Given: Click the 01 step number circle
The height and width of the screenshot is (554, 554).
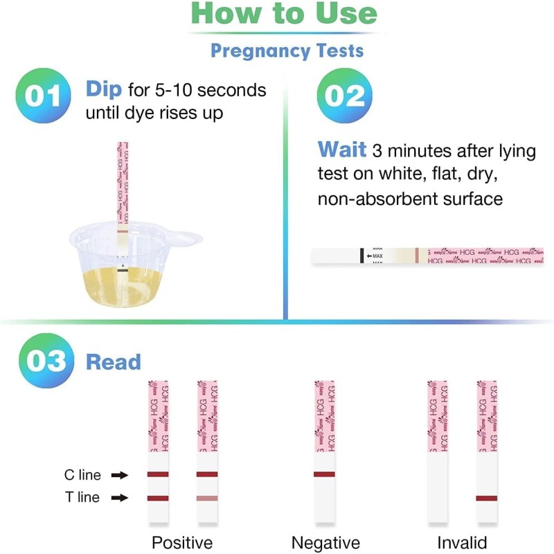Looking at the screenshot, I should coord(43,96).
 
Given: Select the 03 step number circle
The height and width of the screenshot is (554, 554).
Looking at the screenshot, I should coord(43,361).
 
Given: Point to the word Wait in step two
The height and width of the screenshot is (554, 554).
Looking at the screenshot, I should coord(341,150).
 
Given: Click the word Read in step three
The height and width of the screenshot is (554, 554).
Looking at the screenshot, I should coord(113,361).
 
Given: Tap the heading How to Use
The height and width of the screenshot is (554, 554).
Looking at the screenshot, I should coord(284,14).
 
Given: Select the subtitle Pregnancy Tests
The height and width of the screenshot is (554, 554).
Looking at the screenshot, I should coord(287,51).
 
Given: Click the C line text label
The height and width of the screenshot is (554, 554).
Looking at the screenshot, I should coord(82,475).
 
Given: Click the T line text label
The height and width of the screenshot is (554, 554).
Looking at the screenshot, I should coord(82,497).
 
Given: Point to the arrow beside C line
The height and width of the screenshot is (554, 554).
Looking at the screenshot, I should coord(120,475).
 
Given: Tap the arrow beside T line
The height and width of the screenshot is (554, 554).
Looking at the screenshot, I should coord(120,497).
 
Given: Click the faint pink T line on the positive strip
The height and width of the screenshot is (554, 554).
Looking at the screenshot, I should coord(207,498).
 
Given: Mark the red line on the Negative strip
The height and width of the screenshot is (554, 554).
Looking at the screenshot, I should coord(324,474).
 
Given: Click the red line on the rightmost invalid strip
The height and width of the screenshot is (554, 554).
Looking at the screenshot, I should coord(487,498).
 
